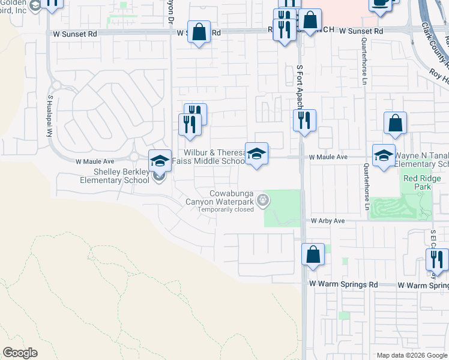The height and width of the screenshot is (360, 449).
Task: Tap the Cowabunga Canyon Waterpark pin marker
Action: tap(262, 200)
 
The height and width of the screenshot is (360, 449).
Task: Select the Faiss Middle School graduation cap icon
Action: tap(256, 154)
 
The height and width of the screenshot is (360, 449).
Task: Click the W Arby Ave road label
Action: tap(327, 221)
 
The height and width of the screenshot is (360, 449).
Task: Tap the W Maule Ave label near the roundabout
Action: tap(94, 161)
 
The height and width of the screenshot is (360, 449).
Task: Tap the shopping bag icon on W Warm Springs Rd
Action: tap(313, 254)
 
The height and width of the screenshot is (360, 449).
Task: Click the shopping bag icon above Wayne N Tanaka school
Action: tap(396, 124)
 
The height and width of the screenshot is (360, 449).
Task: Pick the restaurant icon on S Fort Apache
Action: tap(304, 121)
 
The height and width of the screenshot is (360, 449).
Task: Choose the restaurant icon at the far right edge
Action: tap(437, 260)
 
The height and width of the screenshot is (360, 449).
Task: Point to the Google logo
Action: tap(20, 353)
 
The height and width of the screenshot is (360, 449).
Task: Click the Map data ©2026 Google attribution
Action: tap(411, 355)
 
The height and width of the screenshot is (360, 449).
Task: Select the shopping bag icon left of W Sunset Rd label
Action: tap(199, 32)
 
